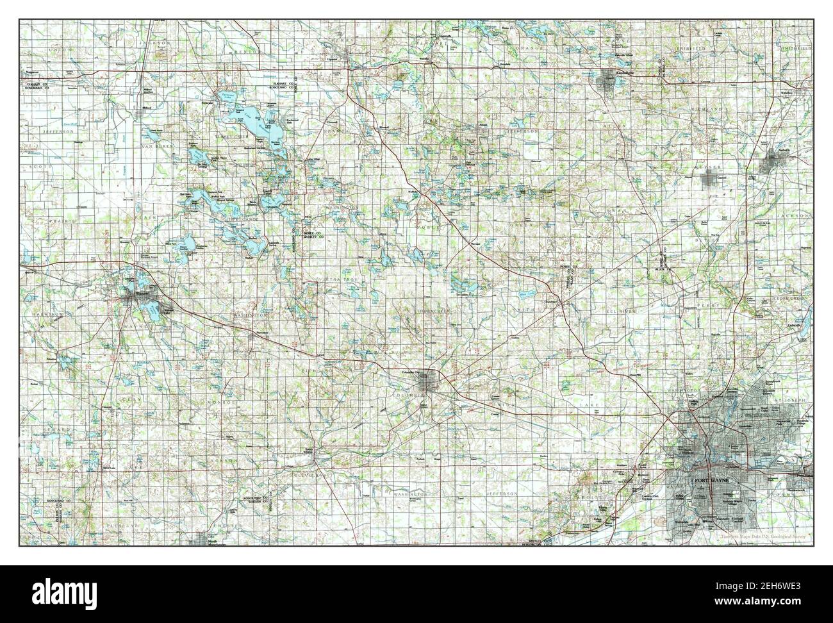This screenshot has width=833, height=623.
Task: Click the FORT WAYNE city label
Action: point(707,480)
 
